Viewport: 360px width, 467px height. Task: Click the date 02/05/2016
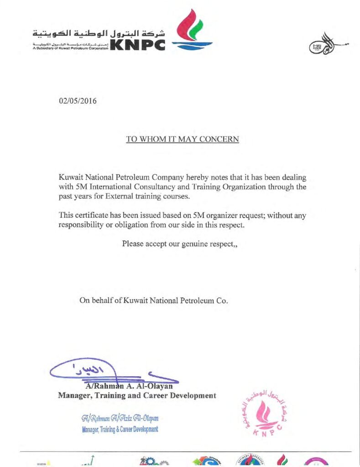point(78,101)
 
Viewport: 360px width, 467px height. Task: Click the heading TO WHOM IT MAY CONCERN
point(183,139)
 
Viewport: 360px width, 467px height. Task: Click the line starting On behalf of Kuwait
point(153,301)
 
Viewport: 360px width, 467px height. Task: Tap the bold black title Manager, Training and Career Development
point(137,395)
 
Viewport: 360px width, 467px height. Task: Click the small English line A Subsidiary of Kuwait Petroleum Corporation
point(71,48)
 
